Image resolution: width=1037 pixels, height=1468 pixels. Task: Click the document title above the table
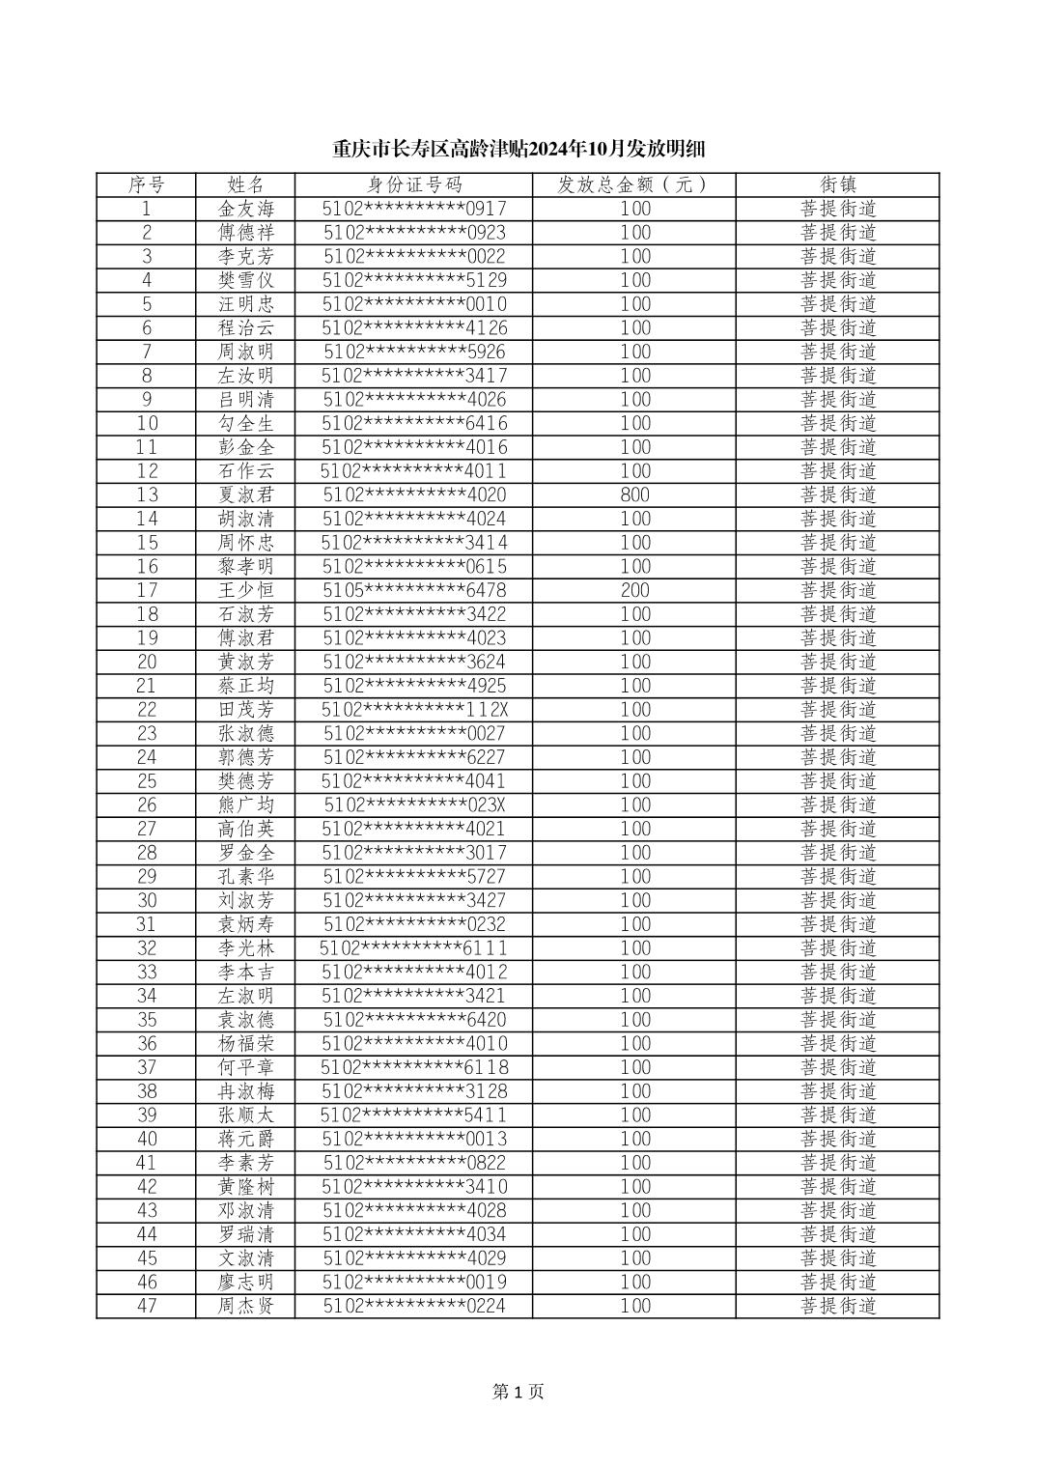click(518, 149)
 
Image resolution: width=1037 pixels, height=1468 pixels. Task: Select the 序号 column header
click(147, 184)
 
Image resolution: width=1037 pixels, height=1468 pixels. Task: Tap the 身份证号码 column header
click(413, 184)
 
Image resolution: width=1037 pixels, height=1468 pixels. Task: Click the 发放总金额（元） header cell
click(633, 184)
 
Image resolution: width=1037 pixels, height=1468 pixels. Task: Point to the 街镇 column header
click(837, 184)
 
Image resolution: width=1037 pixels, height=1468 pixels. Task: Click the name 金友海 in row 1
click(246, 209)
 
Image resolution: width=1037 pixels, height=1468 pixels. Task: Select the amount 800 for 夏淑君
click(634, 495)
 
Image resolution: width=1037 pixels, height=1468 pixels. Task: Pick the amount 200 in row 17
click(634, 590)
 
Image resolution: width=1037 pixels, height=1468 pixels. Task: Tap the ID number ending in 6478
click(413, 590)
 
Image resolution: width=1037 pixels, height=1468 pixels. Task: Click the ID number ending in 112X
click(413, 710)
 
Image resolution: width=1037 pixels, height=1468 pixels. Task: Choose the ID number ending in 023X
click(413, 805)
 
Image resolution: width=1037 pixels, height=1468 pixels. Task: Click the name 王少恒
click(246, 590)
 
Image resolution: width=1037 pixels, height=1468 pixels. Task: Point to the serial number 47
click(147, 1306)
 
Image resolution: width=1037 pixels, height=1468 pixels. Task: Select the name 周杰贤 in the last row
click(246, 1306)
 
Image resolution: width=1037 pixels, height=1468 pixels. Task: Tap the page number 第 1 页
click(518, 1392)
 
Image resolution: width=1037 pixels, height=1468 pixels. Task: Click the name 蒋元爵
click(246, 1139)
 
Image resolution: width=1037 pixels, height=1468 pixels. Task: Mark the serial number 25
click(147, 781)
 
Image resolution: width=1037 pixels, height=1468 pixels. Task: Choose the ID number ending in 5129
click(413, 280)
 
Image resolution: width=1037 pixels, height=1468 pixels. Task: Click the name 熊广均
click(246, 805)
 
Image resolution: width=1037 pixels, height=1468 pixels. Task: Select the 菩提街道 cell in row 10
click(837, 423)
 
